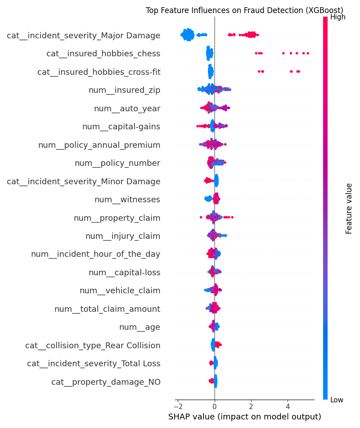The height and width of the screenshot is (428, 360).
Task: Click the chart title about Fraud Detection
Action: (244, 10)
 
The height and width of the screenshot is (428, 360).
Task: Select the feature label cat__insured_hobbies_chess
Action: (103, 54)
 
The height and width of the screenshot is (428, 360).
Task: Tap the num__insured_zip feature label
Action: (124, 90)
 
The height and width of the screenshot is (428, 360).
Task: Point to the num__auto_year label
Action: (127, 108)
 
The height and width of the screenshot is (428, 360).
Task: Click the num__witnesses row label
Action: (127, 200)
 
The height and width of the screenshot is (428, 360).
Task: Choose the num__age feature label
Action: (139, 327)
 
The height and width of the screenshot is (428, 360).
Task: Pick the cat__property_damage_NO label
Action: (106, 382)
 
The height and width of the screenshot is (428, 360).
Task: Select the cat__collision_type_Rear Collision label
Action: (93, 346)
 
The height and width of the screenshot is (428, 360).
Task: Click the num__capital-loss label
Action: (124, 273)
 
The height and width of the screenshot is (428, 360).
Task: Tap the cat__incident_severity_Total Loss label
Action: (94, 364)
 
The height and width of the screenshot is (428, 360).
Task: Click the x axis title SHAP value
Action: (244, 417)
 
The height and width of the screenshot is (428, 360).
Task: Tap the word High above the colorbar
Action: (337, 17)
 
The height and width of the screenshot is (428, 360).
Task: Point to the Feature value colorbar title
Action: (349, 208)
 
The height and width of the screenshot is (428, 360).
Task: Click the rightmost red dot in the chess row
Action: (308, 53)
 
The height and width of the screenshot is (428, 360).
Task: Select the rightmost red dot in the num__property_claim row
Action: (232, 217)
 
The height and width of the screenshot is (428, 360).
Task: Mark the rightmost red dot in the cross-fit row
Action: (299, 71)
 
